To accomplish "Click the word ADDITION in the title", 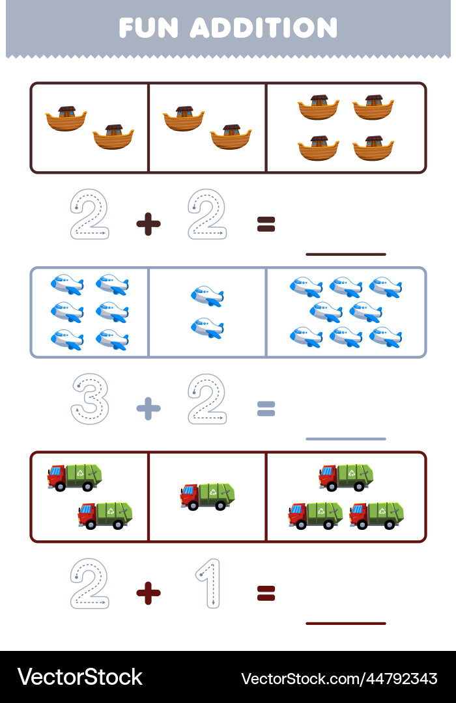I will click(264, 28).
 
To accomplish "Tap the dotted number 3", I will click(89, 399).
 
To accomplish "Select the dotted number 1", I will click(208, 583).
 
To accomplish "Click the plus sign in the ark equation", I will click(149, 225).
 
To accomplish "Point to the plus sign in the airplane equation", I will click(149, 409).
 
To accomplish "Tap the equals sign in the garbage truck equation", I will click(266, 592).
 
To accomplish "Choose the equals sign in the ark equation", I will click(266, 225).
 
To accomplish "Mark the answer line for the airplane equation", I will click(345, 439).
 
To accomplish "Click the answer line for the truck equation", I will click(345, 623).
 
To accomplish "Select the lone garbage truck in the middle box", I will click(207, 496).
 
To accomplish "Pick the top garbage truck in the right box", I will click(346, 477).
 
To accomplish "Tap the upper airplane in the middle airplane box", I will click(207, 296).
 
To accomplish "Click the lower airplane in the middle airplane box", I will click(207, 328).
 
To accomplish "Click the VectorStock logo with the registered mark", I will click(79, 677).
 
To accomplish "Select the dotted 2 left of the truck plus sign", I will click(89, 583).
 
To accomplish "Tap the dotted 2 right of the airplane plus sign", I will click(207, 399).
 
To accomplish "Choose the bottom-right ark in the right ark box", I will click(373, 148).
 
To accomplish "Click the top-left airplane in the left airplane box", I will click(67, 284).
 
